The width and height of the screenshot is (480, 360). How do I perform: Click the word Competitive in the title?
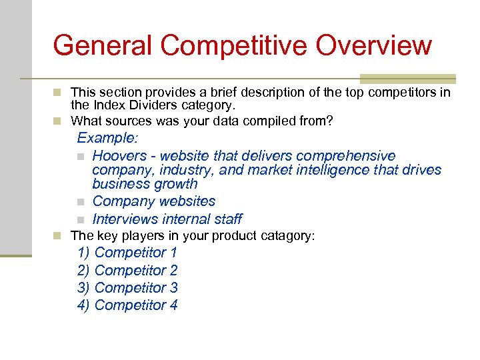tap(233, 46)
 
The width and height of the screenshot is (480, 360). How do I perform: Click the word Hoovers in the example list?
tap(118, 156)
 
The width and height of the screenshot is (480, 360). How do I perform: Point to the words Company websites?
tap(154, 201)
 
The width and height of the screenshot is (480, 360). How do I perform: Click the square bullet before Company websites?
tap(80, 201)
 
